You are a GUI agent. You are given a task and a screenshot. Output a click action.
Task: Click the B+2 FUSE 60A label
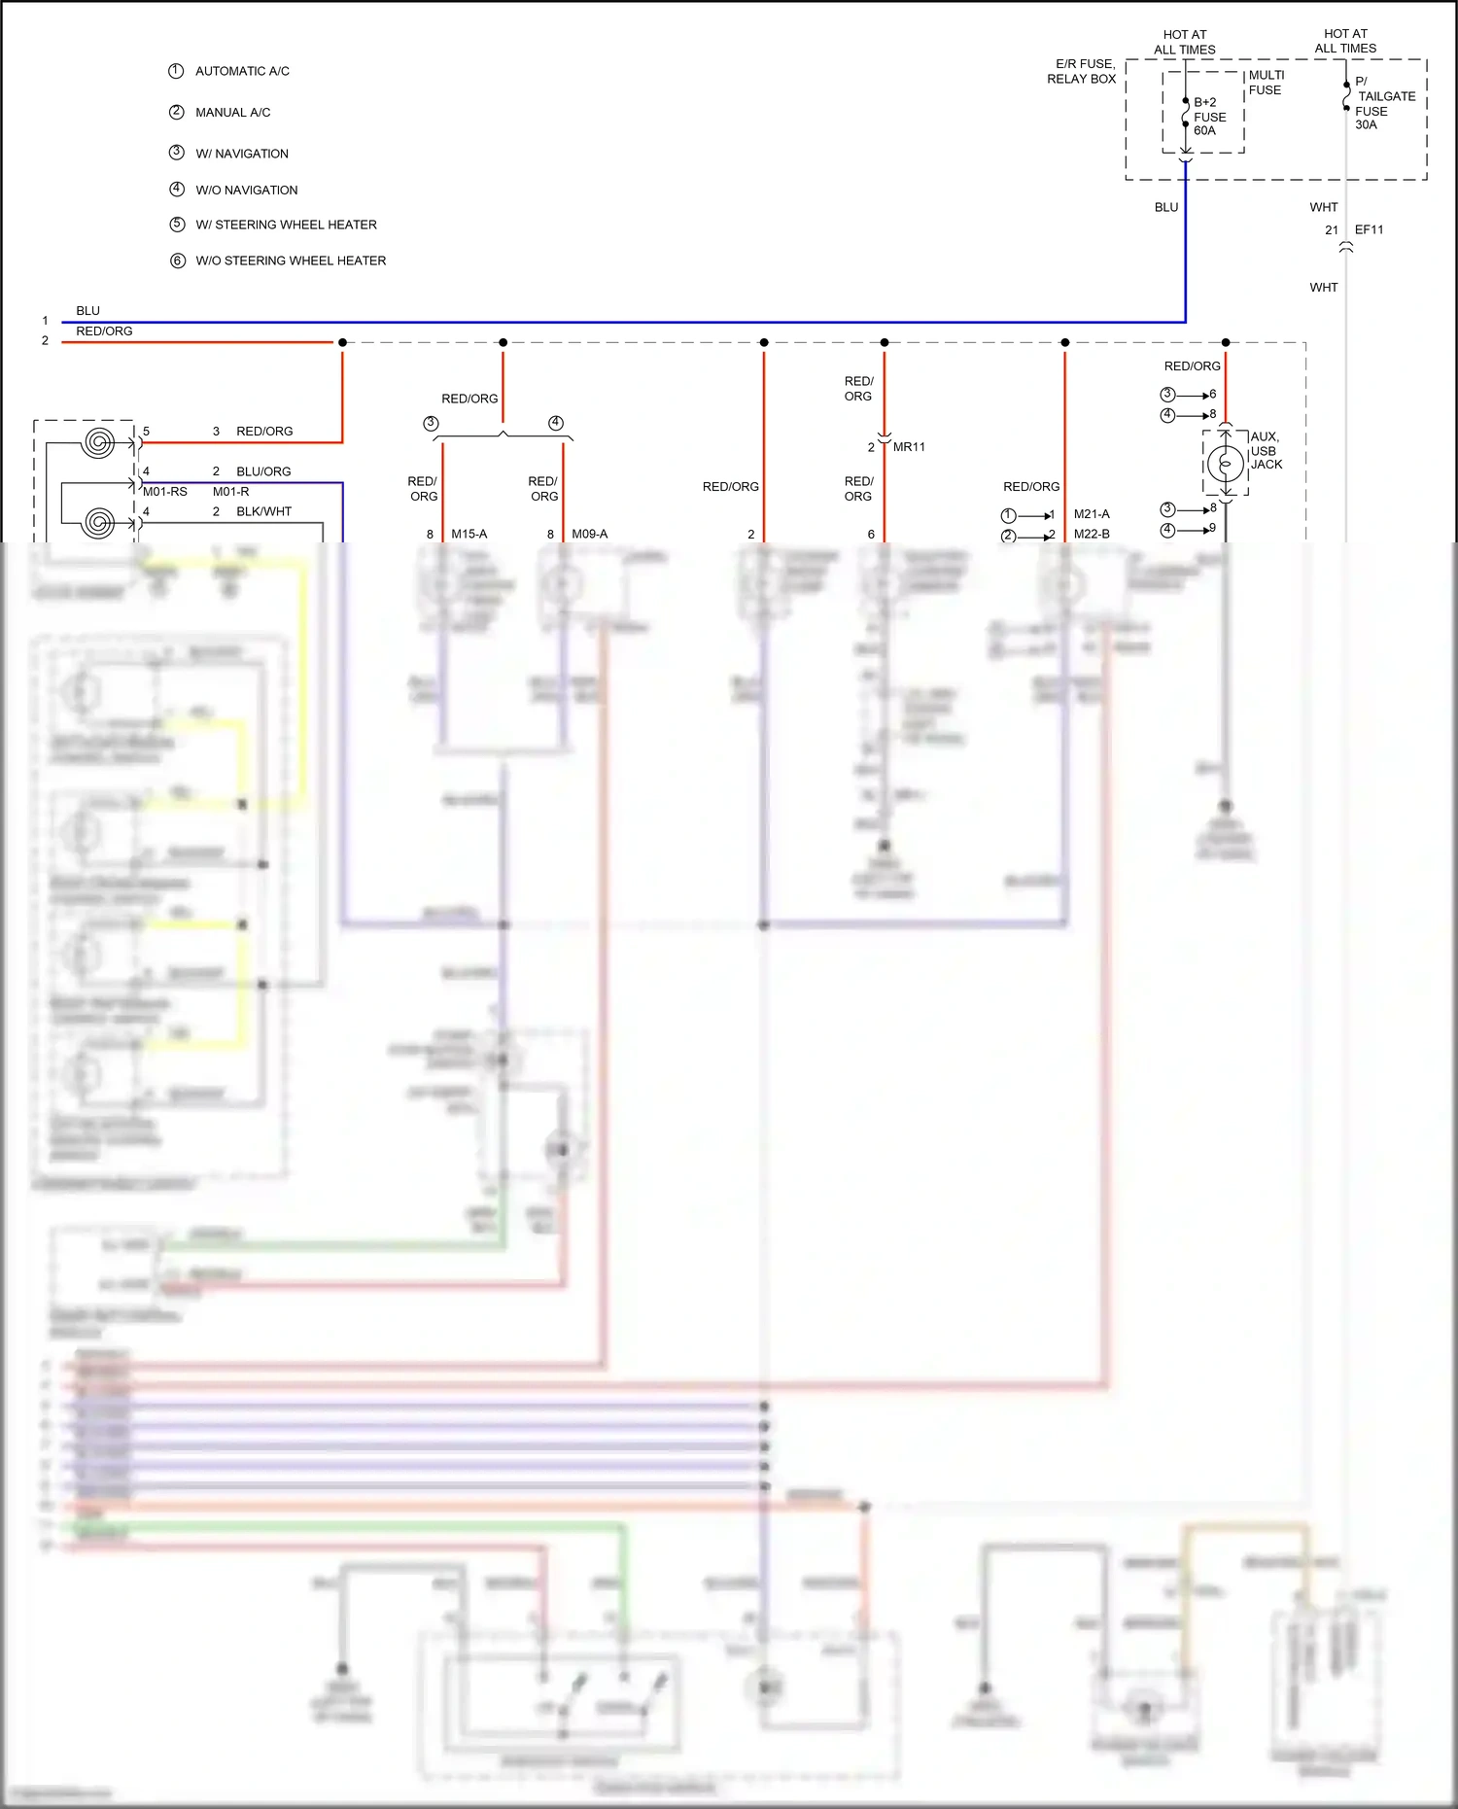pyautogui.click(x=1209, y=117)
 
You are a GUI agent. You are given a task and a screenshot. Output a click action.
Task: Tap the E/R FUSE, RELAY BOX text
pyautogui.click(x=1081, y=71)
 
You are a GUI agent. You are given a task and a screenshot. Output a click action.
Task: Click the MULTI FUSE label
pyautogui.click(x=1266, y=83)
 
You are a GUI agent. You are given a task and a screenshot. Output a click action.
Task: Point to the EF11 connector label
pyautogui.click(x=1369, y=230)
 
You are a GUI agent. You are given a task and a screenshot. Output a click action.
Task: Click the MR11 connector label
pyautogui.click(x=909, y=447)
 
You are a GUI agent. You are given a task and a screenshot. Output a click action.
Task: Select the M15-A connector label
pyautogui.click(x=469, y=535)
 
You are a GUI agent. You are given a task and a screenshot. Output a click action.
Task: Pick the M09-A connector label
pyautogui.click(x=589, y=535)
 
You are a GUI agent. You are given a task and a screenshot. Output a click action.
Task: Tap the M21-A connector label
pyautogui.click(x=1091, y=514)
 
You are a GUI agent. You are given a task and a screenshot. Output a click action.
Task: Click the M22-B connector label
pyautogui.click(x=1091, y=535)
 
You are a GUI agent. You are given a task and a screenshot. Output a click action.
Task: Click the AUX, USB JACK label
pyautogui.click(x=1266, y=451)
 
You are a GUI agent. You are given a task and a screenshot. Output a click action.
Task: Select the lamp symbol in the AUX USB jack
pyautogui.click(x=1226, y=464)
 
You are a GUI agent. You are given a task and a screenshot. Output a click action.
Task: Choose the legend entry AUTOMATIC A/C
pyautogui.click(x=242, y=71)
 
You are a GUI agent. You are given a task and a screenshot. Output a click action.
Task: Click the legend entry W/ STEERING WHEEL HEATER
pyautogui.click(x=286, y=225)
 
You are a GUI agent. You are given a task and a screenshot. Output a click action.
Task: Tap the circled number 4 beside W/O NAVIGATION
pyautogui.click(x=177, y=190)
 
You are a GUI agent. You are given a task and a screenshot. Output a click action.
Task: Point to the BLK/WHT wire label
pyautogui.click(x=263, y=511)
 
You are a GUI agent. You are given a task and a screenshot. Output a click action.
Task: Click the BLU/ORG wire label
pyautogui.click(x=263, y=471)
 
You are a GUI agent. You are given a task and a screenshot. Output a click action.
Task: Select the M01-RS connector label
pyautogui.click(x=165, y=492)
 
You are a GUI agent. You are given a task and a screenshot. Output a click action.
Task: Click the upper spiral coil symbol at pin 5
pyautogui.click(x=97, y=443)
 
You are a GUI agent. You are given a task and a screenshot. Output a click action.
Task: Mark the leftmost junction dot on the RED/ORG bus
pyautogui.click(x=342, y=342)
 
